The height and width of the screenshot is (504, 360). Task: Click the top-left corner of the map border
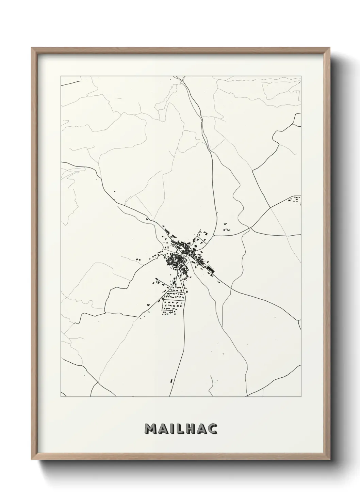61,76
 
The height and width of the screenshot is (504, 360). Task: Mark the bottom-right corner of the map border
301,397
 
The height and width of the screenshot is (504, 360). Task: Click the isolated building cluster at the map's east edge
295,200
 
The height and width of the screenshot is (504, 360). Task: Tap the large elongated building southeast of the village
210,268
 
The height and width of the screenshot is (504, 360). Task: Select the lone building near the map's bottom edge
171,380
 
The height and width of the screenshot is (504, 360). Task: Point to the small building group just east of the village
226,227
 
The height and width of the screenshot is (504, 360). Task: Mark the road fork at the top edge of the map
183,80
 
